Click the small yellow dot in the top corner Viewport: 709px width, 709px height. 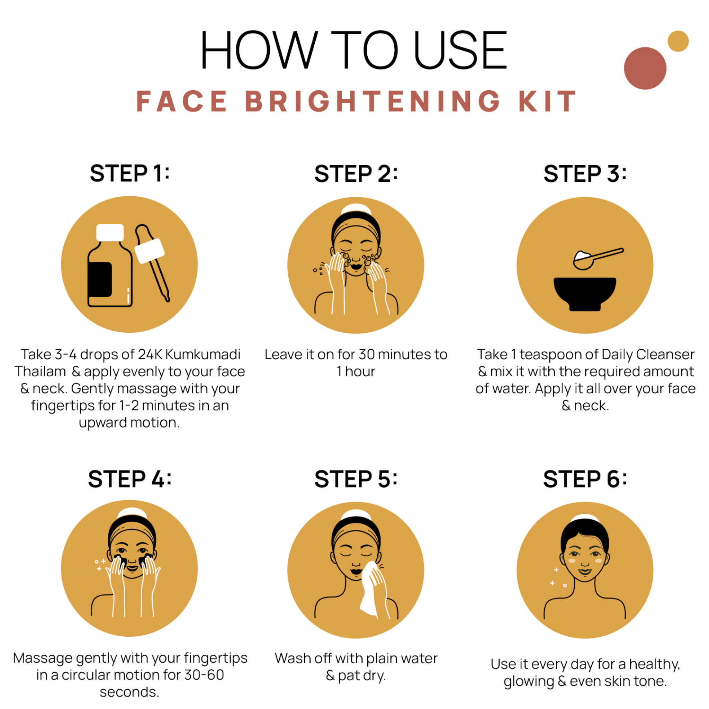[678, 41]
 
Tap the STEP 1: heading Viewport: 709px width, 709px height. [130, 173]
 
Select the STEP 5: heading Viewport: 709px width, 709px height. [356, 479]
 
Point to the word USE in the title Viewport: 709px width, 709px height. [460, 50]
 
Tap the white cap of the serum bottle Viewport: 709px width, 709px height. [110, 233]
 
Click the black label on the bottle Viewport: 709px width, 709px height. [100, 279]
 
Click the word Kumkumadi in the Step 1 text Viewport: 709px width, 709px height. [203, 354]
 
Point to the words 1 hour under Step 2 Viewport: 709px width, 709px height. [356, 372]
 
